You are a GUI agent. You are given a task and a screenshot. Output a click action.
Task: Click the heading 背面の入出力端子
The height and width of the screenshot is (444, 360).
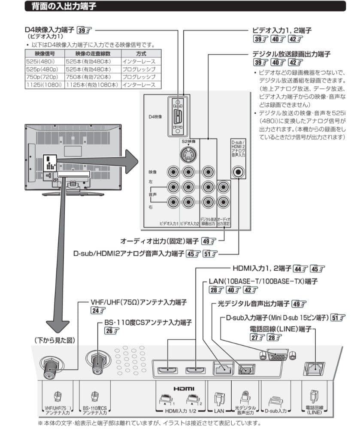point(63,6)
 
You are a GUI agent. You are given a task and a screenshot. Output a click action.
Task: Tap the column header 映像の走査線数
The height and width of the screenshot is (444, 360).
point(92,54)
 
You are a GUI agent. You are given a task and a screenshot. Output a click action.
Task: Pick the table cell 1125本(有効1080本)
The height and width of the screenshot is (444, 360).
point(92,85)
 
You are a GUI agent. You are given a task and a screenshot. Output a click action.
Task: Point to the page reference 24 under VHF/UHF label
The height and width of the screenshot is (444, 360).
point(98,311)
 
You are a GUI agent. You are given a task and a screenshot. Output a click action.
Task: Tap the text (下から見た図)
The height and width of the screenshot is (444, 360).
point(54,340)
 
